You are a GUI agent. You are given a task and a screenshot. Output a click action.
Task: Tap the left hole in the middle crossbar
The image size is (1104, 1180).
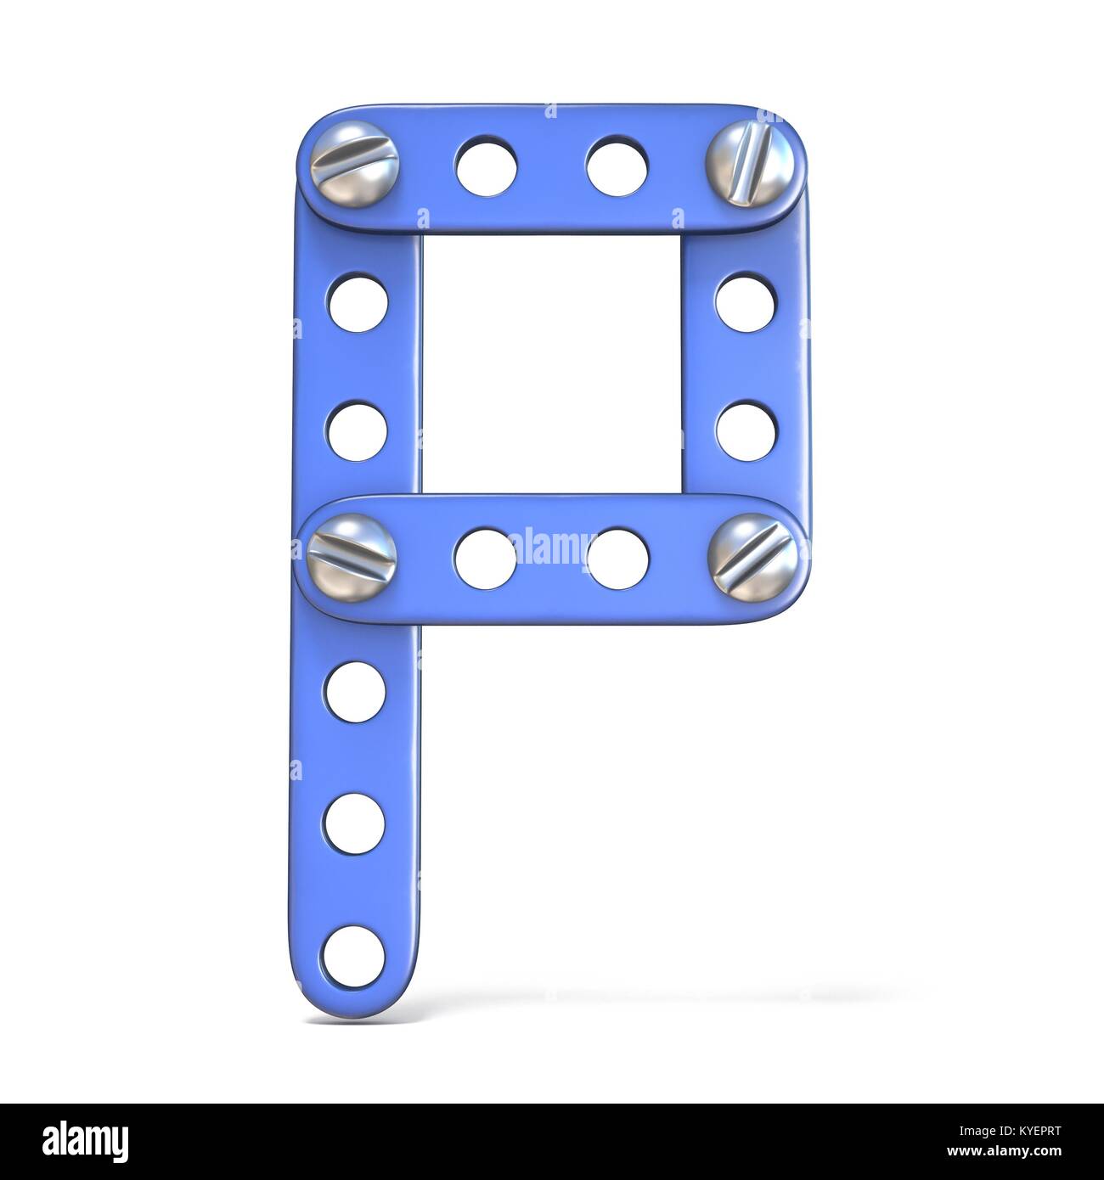point(485,557)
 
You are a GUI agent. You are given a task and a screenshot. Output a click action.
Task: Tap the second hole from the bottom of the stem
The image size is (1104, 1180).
point(355,823)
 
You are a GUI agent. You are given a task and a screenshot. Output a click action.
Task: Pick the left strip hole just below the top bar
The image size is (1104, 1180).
point(357,303)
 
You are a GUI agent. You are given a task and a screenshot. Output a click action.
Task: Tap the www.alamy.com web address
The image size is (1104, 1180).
point(1011,1149)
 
